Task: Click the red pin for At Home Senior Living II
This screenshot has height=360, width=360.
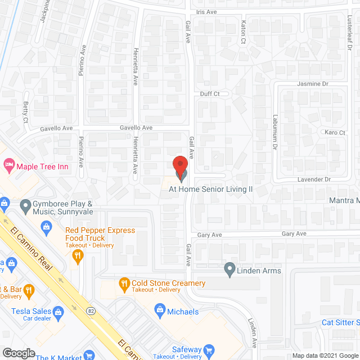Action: click(x=179, y=165)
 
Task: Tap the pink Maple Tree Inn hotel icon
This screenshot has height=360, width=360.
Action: click(x=9, y=165)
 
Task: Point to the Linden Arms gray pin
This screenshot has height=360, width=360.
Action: click(x=229, y=269)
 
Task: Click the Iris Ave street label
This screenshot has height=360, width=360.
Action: click(x=206, y=11)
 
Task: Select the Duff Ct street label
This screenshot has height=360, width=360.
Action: click(x=209, y=94)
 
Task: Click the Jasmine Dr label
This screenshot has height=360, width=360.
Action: click(x=312, y=83)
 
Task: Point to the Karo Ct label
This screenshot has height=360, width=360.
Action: click(x=335, y=133)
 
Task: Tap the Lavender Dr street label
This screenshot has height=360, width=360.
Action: click(x=314, y=179)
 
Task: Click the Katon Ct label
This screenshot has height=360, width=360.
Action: click(x=244, y=33)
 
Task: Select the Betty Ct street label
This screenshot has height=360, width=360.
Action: click(x=26, y=112)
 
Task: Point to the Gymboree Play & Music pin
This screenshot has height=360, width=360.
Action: click(x=26, y=206)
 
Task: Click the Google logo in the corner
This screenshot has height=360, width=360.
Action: click(x=18, y=353)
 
